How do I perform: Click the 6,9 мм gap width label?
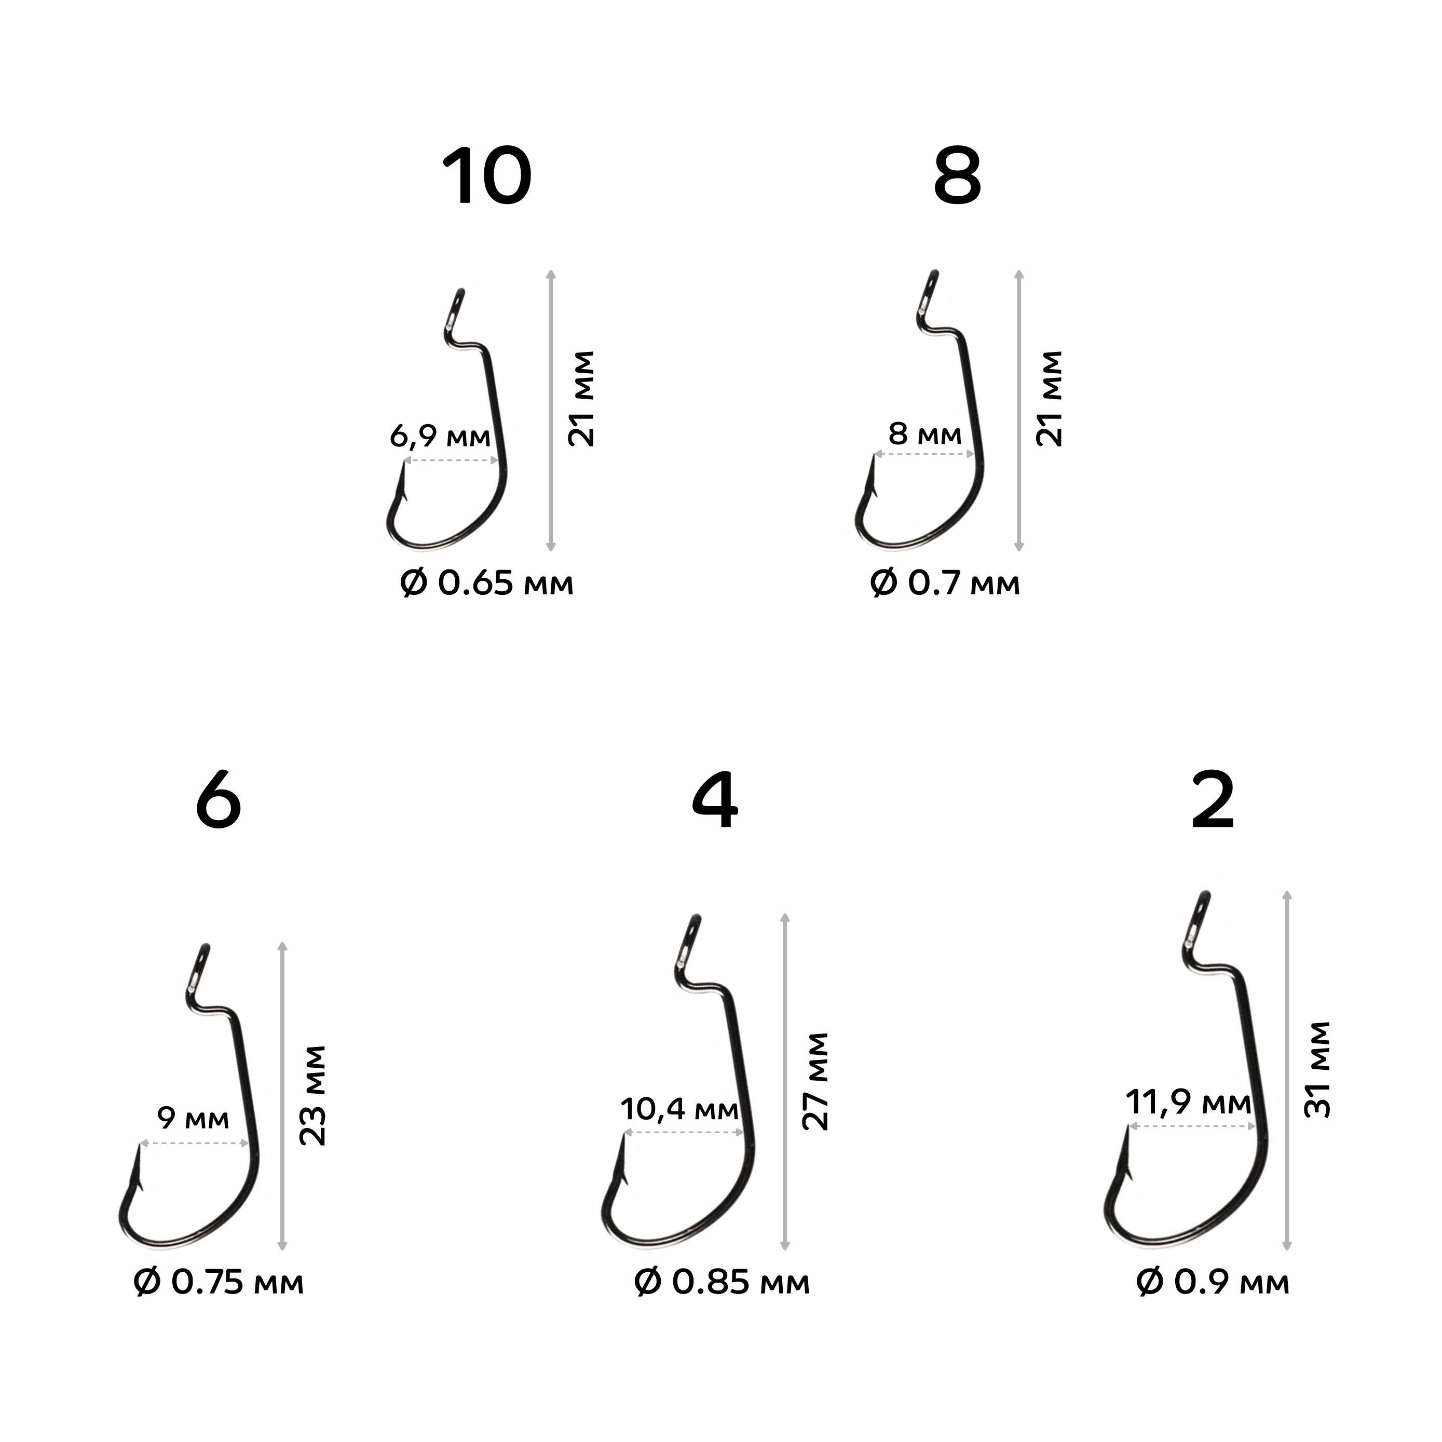440,436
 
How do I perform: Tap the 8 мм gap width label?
925,433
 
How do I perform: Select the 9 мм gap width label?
193,1118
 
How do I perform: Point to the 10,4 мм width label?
679,1109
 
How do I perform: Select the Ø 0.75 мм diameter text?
219,1283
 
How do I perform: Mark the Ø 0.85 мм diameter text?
722,1283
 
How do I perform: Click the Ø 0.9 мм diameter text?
1213,1283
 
